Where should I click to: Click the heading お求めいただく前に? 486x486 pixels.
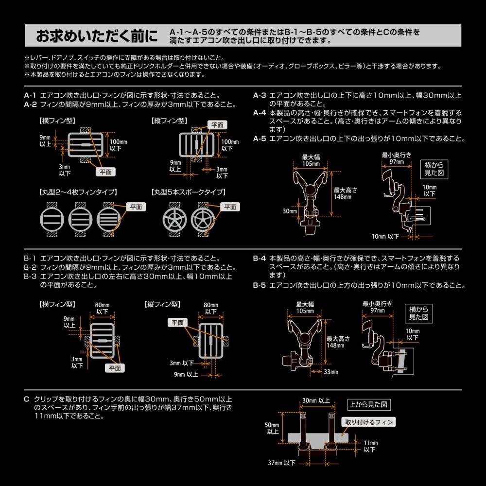click(97, 36)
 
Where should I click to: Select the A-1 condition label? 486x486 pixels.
click(31, 95)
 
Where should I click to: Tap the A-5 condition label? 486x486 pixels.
click(260, 139)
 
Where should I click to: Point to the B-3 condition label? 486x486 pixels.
click(31, 276)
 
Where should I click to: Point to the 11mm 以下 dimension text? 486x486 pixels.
click(370, 446)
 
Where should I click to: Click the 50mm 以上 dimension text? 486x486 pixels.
click(273, 428)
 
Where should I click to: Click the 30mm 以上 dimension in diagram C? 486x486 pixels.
click(315, 400)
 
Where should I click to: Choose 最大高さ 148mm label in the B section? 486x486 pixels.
click(335, 342)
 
